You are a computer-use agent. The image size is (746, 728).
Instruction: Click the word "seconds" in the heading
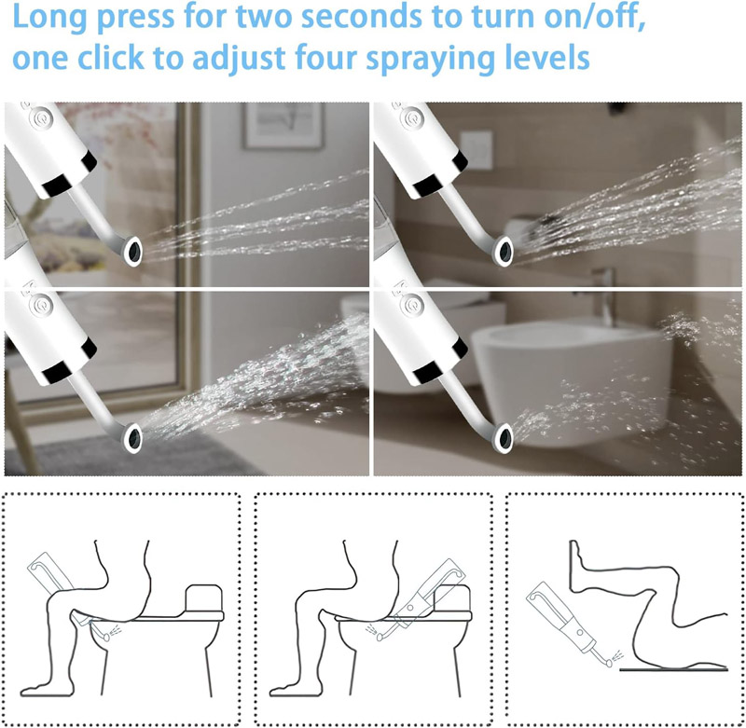(x=362, y=16)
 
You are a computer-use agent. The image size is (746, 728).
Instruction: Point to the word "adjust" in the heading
(x=239, y=59)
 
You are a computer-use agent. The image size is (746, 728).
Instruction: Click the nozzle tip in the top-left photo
(x=133, y=251)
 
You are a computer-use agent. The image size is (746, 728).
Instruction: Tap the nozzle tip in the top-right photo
(x=504, y=251)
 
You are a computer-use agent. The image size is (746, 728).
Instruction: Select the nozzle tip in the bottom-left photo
(x=133, y=437)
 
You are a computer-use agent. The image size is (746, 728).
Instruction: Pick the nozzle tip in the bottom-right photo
(x=504, y=437)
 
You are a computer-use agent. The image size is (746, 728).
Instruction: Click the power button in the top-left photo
(x=39, y=118)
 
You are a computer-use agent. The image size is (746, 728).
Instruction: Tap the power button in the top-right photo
(x=411, y=117)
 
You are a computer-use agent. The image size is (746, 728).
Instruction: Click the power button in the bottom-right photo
(x=411, y=304)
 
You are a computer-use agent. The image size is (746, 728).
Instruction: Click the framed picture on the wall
(x=284, y=126)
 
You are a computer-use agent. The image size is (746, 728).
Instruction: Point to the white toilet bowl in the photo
(x=571, y=380)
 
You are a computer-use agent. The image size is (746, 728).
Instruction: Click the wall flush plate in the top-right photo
(x=477, y=150)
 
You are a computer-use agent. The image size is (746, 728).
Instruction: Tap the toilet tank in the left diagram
(x=203, y=598)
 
